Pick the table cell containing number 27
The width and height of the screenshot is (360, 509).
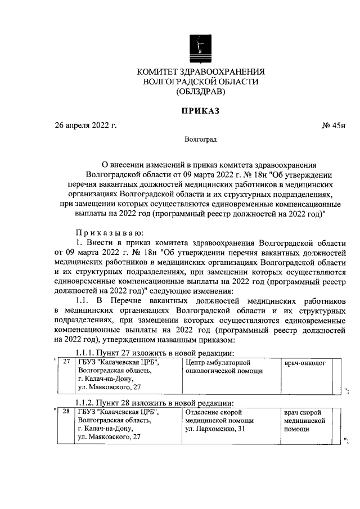coord(66,363)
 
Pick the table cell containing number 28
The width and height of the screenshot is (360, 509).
coord(66,413)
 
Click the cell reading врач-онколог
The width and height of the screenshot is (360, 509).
coord(305,363)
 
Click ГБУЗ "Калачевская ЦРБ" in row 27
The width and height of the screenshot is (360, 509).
coord(119,363)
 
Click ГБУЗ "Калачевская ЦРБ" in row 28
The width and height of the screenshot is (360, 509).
coord(119,413)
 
